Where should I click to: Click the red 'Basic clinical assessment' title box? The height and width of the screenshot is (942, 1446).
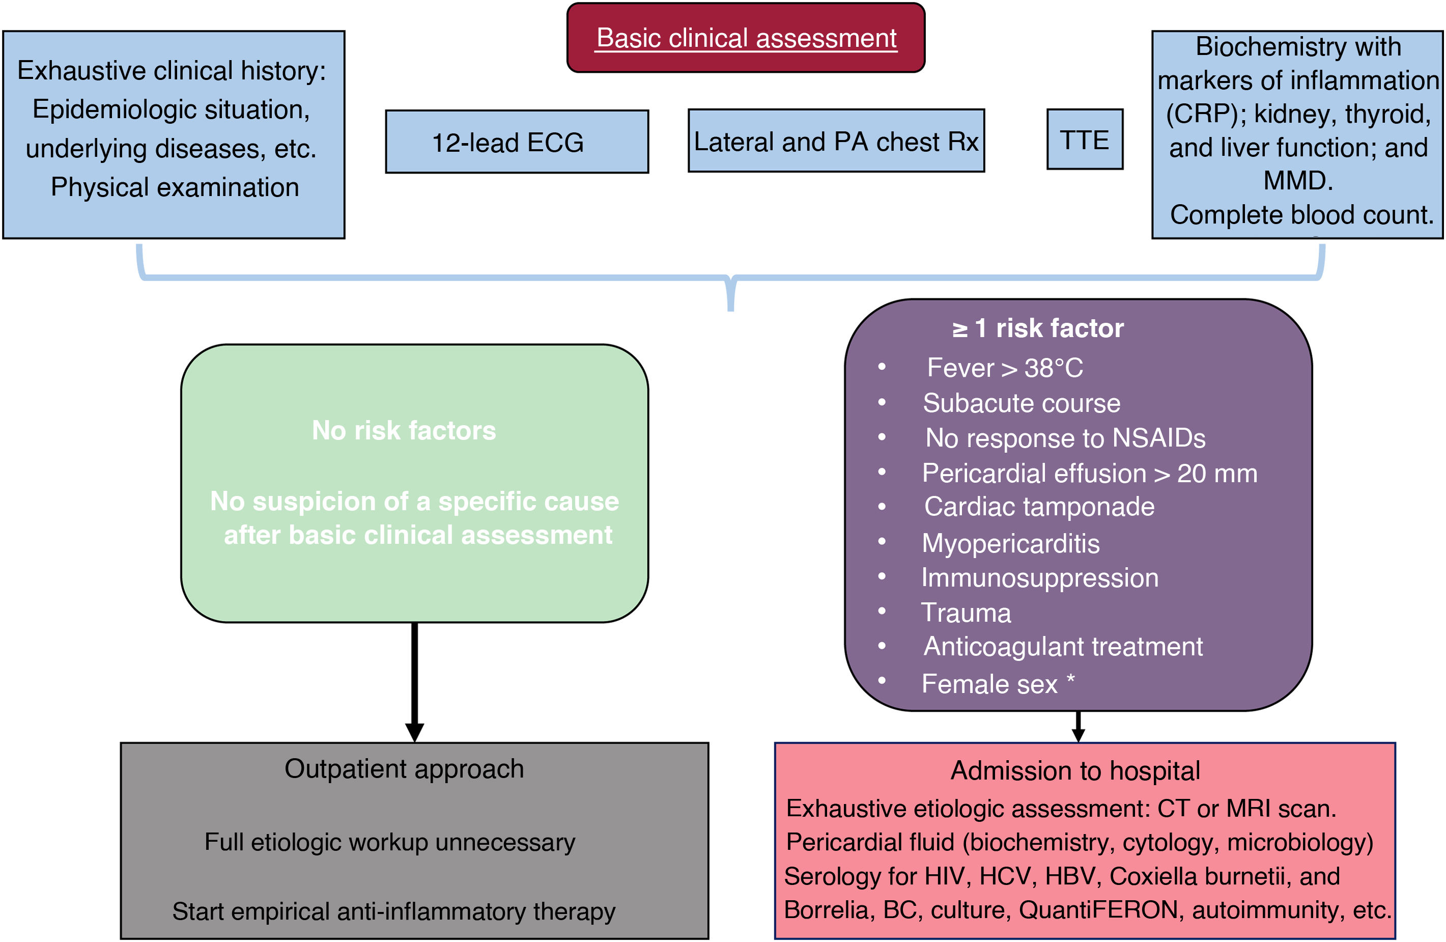(746, 38)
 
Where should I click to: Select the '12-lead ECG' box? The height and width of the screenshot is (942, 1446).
(517, 142)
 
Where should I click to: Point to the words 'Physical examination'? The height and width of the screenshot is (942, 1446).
(175, 187)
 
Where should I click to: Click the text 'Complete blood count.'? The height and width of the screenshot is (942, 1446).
(1301, 214)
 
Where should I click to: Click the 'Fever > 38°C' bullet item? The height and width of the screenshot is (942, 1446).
(1004, 368)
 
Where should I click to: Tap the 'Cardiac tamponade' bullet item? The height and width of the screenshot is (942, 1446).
(1039, 507)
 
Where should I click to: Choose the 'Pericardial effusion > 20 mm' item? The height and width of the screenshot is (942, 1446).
(1089, 474)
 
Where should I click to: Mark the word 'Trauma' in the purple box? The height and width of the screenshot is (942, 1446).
(966, 613)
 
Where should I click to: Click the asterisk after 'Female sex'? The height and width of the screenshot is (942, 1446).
(1070, 679)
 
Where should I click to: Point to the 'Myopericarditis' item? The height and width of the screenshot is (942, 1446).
(1010, 543)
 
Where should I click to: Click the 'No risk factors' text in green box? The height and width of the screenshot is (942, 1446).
(404, 430)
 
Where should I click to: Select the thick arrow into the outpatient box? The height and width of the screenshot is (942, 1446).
(414, 681)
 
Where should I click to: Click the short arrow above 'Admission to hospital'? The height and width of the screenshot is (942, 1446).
(1078, 726)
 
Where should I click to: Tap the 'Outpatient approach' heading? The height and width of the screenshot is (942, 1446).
(404, 769)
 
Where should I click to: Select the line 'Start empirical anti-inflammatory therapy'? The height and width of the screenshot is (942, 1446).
(394, 911)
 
